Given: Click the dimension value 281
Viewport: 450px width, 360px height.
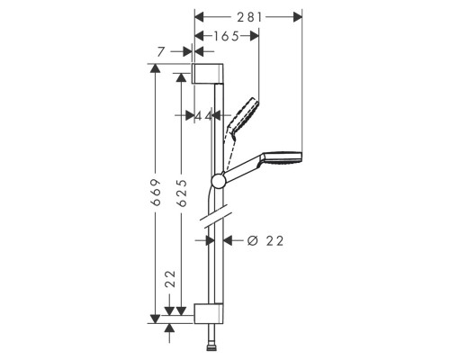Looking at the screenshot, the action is [249, 17].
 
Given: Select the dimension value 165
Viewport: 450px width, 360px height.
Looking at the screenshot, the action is [226, 36].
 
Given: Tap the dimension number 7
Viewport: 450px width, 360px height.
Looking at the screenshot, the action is [161, 52].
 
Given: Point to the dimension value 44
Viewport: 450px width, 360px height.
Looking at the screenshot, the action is [203, 115].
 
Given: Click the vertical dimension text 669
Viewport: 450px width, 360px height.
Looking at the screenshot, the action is [156, 193].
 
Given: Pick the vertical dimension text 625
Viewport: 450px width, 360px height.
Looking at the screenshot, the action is [182, 193].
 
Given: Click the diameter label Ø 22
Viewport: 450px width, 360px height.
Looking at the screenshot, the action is [265, 240].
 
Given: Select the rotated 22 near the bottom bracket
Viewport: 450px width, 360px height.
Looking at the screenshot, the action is [170, 279].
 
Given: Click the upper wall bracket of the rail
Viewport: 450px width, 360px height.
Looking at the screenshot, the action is [207, 74].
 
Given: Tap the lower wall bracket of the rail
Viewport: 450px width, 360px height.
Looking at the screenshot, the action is [209, 313].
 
